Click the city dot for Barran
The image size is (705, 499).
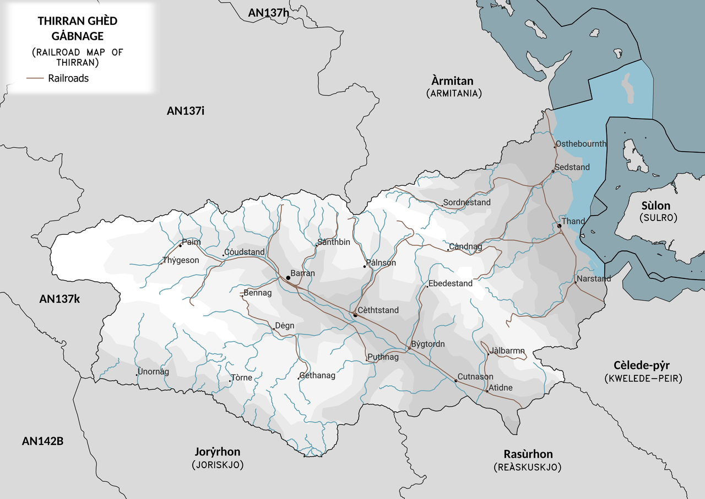288,277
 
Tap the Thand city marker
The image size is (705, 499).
559,226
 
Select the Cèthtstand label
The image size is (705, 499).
378,310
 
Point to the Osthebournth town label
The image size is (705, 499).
581,144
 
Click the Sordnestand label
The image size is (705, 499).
467,203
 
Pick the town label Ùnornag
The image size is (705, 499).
154,372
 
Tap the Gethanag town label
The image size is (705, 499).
317,376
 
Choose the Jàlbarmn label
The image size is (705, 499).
507,351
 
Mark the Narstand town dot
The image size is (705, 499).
576,283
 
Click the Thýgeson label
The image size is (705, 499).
181,260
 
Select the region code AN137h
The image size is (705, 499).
268,13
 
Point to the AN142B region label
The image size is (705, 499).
42,441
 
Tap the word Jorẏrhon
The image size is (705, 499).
218,452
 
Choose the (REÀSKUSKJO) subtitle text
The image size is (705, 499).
528,467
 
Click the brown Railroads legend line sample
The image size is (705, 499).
35,78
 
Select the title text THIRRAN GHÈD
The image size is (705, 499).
78,21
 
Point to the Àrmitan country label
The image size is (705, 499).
453,81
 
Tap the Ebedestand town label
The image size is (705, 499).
451,283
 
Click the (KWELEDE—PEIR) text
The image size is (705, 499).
642,379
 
